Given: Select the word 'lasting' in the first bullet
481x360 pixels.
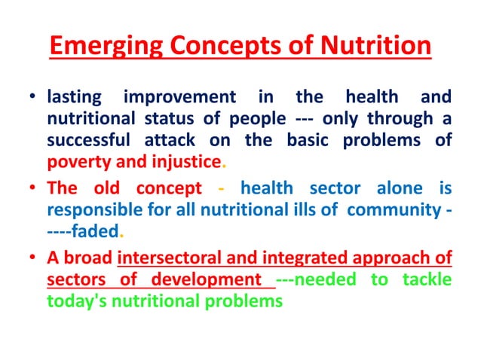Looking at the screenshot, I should click(x=74, y=97).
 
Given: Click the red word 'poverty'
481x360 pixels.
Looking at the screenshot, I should click(x=76, y=162).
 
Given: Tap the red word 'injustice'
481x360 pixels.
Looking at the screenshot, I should click(x=183, y=162).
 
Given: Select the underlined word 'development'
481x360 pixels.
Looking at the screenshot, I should click(x=206, y=279).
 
